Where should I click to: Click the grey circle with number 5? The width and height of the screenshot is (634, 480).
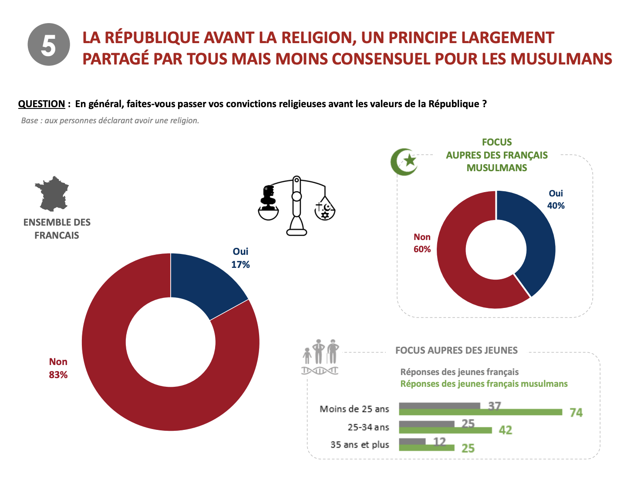(x=49, y=44)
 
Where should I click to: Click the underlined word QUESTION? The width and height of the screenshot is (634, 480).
(x=41, y=104)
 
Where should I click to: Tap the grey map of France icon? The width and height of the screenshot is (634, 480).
(x=53, y=193)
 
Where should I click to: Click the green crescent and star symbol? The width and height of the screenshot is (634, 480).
(x=404, y=162)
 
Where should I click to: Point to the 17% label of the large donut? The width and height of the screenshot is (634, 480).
(x=240, y=264)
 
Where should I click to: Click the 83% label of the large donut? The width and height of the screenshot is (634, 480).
(x=58, y=375)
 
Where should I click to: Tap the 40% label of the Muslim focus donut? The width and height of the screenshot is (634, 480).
(x=556, y=206)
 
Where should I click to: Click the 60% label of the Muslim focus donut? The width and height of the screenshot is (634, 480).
(x=422, y=249)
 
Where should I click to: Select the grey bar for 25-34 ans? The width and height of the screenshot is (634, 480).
(x=426, y=424)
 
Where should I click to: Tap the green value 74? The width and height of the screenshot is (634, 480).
(x=576, y=412)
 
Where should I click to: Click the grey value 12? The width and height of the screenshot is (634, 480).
(x=440, y=442)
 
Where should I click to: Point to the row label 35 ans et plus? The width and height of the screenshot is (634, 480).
(x=360, y=445)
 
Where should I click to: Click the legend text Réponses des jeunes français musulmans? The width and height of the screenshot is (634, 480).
(x=484, y=384)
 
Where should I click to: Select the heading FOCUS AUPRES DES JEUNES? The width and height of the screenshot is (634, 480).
(x=456, y=351)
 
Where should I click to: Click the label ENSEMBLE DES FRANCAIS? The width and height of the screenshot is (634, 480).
(x=57, y=229)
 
